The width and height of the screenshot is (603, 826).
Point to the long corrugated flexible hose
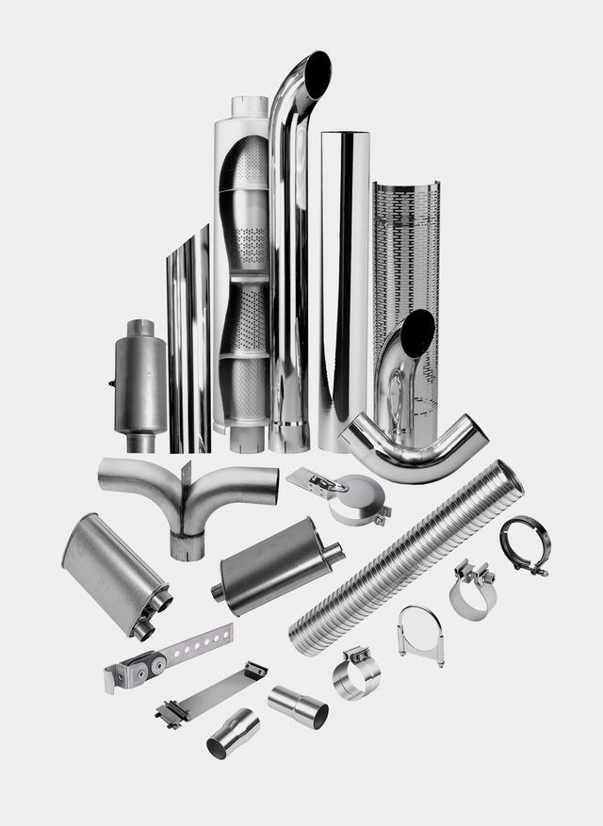[x=405, y=556]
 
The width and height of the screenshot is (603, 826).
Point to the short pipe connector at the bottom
[x=233, y=733]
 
